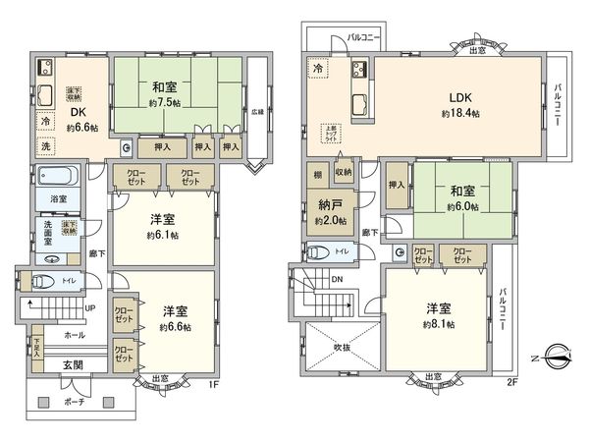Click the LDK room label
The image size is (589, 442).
pos(461,97)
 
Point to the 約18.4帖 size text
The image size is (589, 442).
pos(461,114)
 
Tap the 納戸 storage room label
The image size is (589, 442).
pos(329,207)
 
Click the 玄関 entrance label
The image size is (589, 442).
pos(73,365)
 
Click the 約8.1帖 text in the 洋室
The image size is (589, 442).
pos(440,324)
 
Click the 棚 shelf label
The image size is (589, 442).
pos(317,174)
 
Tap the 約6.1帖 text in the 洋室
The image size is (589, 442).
pos(162,235)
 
